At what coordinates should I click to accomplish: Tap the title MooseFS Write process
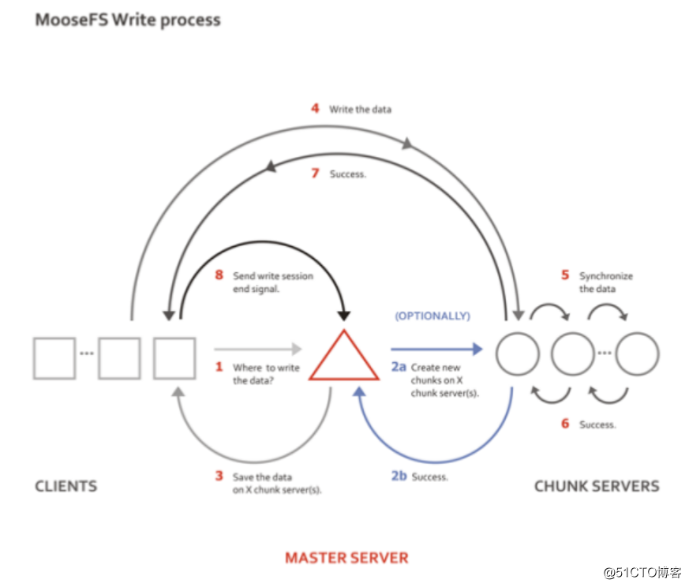pyautogui.click(x=128, y=20)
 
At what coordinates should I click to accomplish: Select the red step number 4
pyautogui.click(x=314, y=108)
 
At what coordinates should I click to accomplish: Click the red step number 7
pyautogui.click(x=314, y=173)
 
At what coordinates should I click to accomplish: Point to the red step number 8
pyautogui.click(x=220, y=275)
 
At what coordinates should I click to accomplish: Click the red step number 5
pyautogui.click(x=565, y=275)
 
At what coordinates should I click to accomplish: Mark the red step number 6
pyautogui.click(x=565, y=424)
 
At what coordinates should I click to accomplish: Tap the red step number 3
pyautogui.click(x=220, y=476)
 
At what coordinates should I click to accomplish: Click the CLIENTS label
pyautogui.click(x=66, y=486)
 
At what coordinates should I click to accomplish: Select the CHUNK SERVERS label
pyautogui.click(x=597, y=486)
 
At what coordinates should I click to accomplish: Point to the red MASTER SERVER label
pyautogui.click(x=346, y=558)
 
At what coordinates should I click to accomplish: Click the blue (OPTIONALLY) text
pyautogui.click(x=432, y=316)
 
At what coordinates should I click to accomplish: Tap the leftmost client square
pyautogui.click(x=54, y=357)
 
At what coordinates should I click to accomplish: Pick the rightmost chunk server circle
pyautogui.click(x=637, y=353)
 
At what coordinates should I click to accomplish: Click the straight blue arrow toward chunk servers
pyautogui.click(x=436, y=348)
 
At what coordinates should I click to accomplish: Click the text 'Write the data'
pyautogui.click(x=360, y=109)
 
